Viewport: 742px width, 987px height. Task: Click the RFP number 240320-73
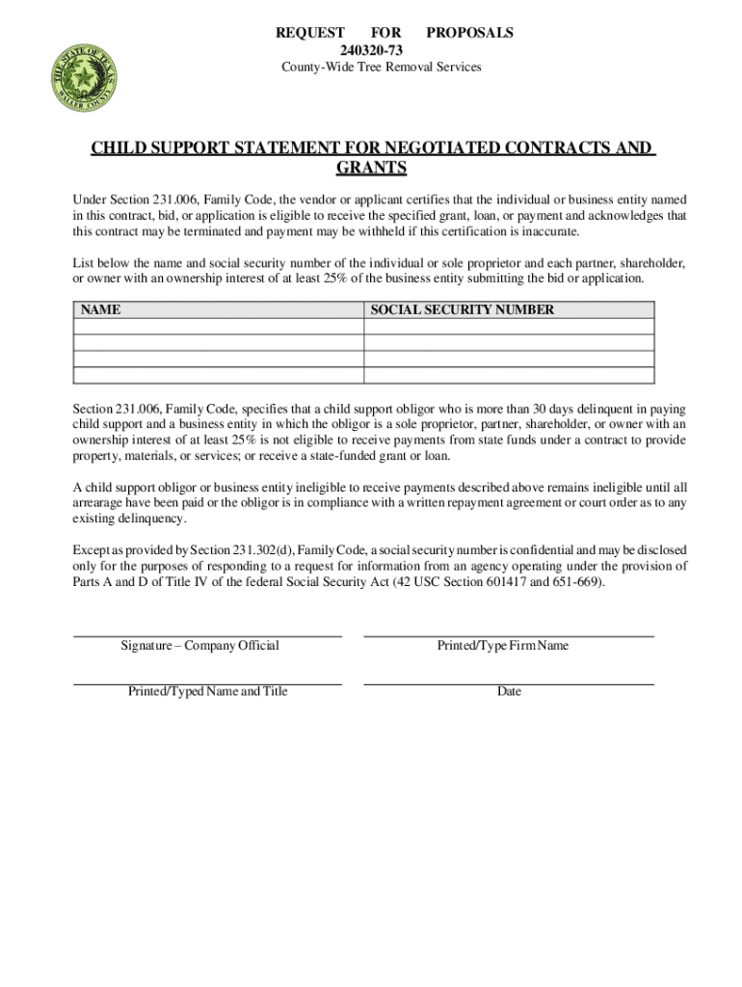[371, 49]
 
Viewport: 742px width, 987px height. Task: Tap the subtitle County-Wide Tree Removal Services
[381, 67]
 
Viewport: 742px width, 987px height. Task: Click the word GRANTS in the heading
[371, 169]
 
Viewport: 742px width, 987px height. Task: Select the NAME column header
[100, 310]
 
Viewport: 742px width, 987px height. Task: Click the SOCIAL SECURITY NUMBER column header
[463, 310]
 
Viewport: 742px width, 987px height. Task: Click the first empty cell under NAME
[219, 327]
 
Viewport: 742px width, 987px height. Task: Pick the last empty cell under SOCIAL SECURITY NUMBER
[509, 376]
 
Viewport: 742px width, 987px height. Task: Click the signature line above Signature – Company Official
[207, 636]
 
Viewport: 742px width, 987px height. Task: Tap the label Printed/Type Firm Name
[502, 646]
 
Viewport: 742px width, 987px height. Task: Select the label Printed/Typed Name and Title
[207, 691]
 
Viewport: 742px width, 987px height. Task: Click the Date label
[509, 691]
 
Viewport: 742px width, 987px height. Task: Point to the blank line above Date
[509, 683]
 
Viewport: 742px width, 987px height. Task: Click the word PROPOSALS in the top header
[469, 33]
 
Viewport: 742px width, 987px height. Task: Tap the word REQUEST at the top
[310, 33]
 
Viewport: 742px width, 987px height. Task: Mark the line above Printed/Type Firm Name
[509, 636]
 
